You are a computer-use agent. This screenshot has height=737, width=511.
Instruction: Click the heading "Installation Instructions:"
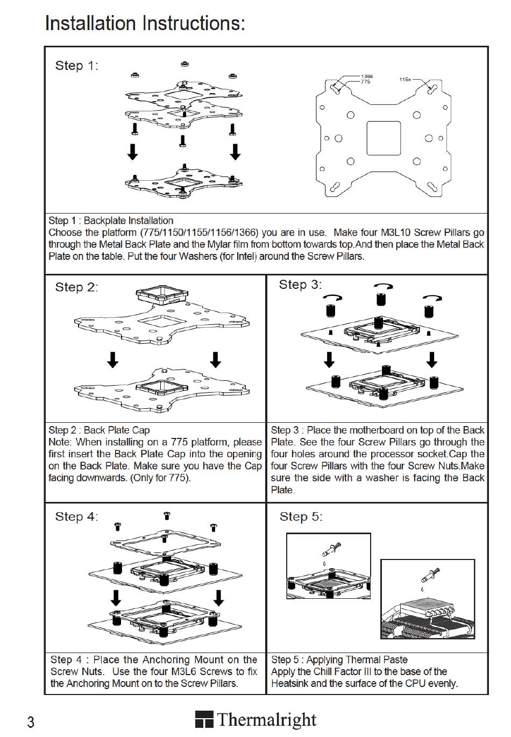[x=145, y=24]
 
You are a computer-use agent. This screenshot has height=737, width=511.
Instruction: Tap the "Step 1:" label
[x=76, y=66]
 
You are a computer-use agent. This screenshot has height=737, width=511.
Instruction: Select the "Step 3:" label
[x=300, y=285]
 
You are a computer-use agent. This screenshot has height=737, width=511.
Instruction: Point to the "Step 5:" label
[x=301, y=517]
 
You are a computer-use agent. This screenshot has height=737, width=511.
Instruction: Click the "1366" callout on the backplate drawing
[x=367, y=76]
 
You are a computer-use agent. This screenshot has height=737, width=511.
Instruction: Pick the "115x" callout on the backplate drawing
[x=405, y=80]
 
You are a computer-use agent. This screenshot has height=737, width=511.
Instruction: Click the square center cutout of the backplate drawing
[x=384, y=138]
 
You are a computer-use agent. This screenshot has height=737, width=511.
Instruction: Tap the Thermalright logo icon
[x=204, y=720]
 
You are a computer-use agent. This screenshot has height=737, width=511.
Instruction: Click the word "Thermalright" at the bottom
[x=267, y=720]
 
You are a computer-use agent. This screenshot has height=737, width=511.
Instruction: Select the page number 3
[x=31, y=722]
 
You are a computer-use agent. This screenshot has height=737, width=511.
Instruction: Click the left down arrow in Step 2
[x=112, y=359]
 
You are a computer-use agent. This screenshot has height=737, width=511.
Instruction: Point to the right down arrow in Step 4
[x=218, y=597]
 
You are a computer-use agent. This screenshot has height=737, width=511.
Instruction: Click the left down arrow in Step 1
[x=132, y=151]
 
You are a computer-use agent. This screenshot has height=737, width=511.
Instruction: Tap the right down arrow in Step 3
[x=431, y=359]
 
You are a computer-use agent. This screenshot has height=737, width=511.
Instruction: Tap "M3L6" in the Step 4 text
[x=186, y=671]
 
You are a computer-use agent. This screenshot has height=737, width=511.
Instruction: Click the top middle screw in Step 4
[x=167, y=516]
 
